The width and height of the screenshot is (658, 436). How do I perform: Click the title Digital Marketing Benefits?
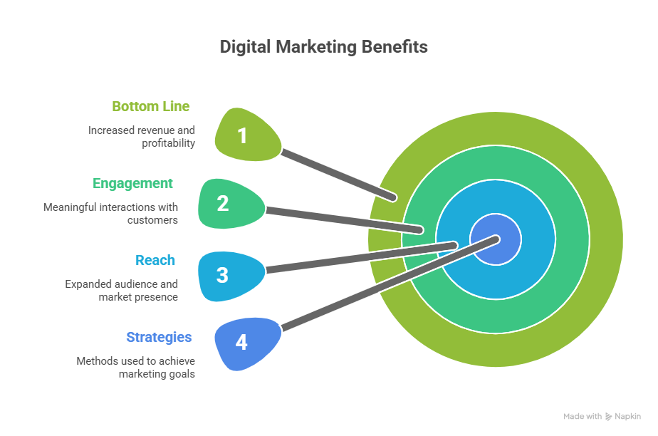tap(323, 47)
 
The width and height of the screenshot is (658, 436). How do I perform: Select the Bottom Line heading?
tap(151, 106)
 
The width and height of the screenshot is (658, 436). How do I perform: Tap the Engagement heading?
tap(133, 183)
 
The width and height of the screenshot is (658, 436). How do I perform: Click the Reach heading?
tap(155, 260)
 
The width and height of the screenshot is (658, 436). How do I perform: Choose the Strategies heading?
tap(159, 337)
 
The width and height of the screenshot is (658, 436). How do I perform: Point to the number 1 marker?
tap(242, 135)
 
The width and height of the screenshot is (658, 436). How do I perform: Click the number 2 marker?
tap(223, 204)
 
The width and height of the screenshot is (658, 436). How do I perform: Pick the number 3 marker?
tap(222, 275)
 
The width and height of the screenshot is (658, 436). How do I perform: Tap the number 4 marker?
tap(241, 343)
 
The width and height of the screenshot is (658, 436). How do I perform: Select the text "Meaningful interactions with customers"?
tap(110, 214)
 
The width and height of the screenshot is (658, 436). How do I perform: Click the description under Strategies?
tap(135, 367)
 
